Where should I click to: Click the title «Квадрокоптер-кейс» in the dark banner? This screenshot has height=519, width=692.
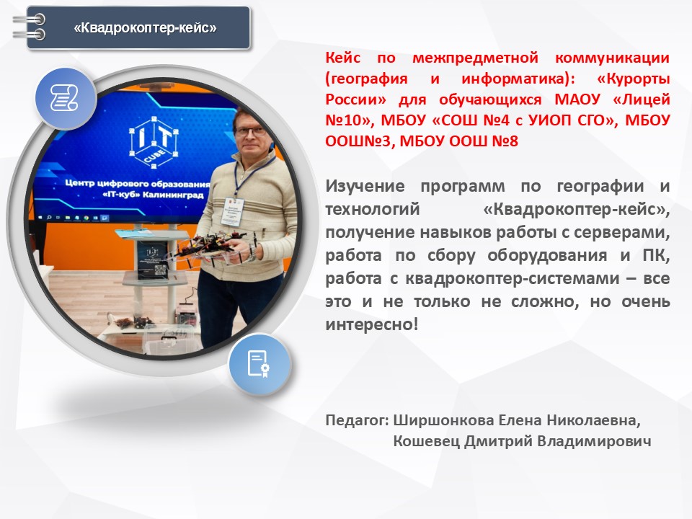coord(145,28)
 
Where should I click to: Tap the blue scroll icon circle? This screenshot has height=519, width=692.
coord(66,99)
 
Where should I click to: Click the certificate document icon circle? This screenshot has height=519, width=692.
coord(259,365)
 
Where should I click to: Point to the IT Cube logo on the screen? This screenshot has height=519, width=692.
coord(154,142)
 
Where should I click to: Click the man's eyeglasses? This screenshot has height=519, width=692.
coord(251,130)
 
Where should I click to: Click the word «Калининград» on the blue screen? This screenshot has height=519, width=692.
coord(174,195)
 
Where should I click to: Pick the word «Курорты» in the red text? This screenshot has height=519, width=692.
coord(634,79)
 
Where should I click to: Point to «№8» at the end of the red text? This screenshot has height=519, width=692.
coord(505,141)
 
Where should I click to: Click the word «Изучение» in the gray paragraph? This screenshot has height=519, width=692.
coord(365,186)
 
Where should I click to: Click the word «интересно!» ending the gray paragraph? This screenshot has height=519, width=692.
coord(372,324)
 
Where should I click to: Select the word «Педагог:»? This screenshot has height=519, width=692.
coord(358,420)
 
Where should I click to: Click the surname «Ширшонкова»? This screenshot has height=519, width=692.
coord(443,420)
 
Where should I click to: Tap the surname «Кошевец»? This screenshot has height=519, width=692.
coord(426,441)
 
